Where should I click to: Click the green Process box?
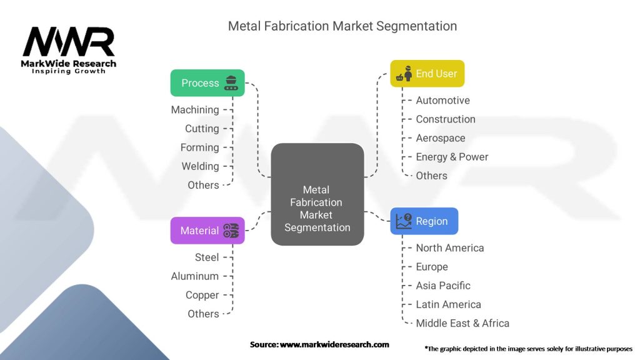pos(207,83)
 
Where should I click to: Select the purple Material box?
pos(207,231)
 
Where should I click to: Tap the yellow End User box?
pos(427,74)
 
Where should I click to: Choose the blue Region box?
pos(424,221)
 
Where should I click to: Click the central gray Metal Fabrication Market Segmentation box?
pos(317,194)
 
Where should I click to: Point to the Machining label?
pos(195,110)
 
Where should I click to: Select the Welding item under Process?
pos(201,166)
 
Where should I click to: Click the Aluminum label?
pos(195,276)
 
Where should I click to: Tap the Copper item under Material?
pos(202,295)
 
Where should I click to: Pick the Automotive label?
pos(443,101)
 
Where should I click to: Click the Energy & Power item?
pos(452,157)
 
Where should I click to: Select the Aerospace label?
pos(441,138)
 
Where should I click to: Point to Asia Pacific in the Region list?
pos(443,285)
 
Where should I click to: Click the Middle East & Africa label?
pos(462,323)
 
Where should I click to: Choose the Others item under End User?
pos(431,176)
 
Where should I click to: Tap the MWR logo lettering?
pos(69,42)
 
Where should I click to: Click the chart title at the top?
pos(342,26)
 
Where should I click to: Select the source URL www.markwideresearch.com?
pos(334,344)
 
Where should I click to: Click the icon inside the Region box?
pos(404,221)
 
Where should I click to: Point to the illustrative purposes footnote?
pos(528,349)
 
